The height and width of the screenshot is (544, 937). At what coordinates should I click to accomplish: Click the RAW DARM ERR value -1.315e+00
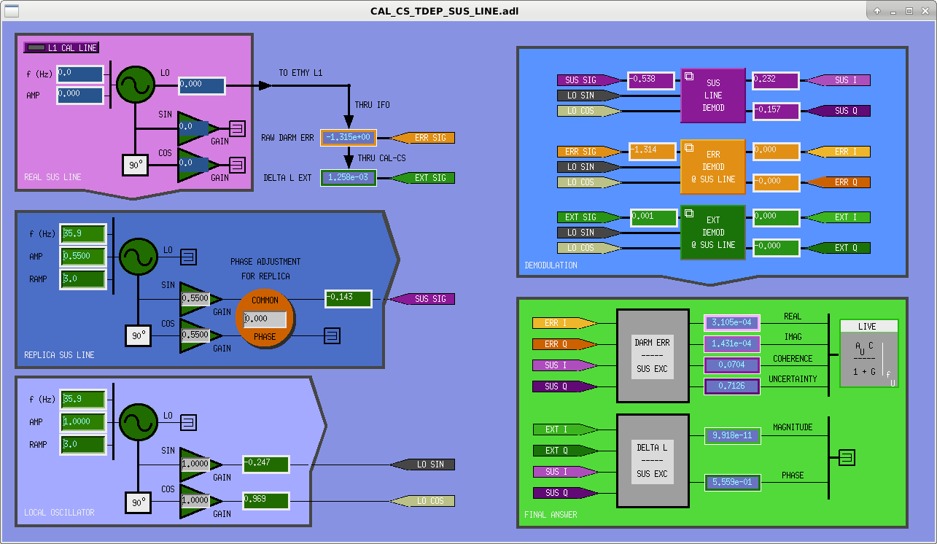349,138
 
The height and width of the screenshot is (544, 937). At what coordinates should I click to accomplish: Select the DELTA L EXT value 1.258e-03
349,178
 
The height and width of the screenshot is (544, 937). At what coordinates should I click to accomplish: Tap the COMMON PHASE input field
265,319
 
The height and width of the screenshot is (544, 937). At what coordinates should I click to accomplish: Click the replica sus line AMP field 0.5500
83,256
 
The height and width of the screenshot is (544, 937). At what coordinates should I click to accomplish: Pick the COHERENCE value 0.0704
731,365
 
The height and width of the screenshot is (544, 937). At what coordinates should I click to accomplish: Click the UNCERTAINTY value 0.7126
731,386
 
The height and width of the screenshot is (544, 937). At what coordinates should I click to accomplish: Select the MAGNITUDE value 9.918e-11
732,435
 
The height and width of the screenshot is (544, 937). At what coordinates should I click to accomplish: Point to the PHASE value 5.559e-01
732,482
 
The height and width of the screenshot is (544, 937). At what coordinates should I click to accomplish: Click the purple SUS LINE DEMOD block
713,96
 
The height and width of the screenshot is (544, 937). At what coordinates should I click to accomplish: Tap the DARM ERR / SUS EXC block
653,356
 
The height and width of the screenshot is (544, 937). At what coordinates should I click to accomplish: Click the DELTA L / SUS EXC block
653,461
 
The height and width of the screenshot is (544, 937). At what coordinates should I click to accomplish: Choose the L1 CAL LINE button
61,47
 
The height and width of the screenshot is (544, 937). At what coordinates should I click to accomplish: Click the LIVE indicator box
868,354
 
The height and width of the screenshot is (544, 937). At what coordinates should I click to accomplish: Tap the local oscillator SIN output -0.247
266,464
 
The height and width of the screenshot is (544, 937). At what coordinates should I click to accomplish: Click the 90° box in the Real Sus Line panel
136,165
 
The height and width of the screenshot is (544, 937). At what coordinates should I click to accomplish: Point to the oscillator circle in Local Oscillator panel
139,422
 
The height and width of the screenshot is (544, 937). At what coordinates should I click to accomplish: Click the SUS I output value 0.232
776,80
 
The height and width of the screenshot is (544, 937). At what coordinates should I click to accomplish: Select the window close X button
925,11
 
